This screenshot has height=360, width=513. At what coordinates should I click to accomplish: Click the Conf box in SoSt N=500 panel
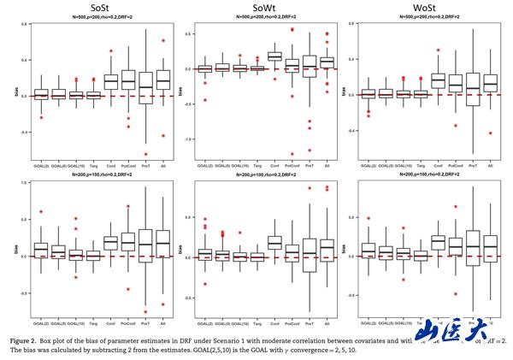pyautogui.click(x=111, y=81)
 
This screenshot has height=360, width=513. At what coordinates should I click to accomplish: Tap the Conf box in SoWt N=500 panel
pyautogui.click(x=275, y=56)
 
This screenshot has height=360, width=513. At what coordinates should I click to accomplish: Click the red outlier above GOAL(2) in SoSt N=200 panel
pyautogui.click(x=40, y=211)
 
